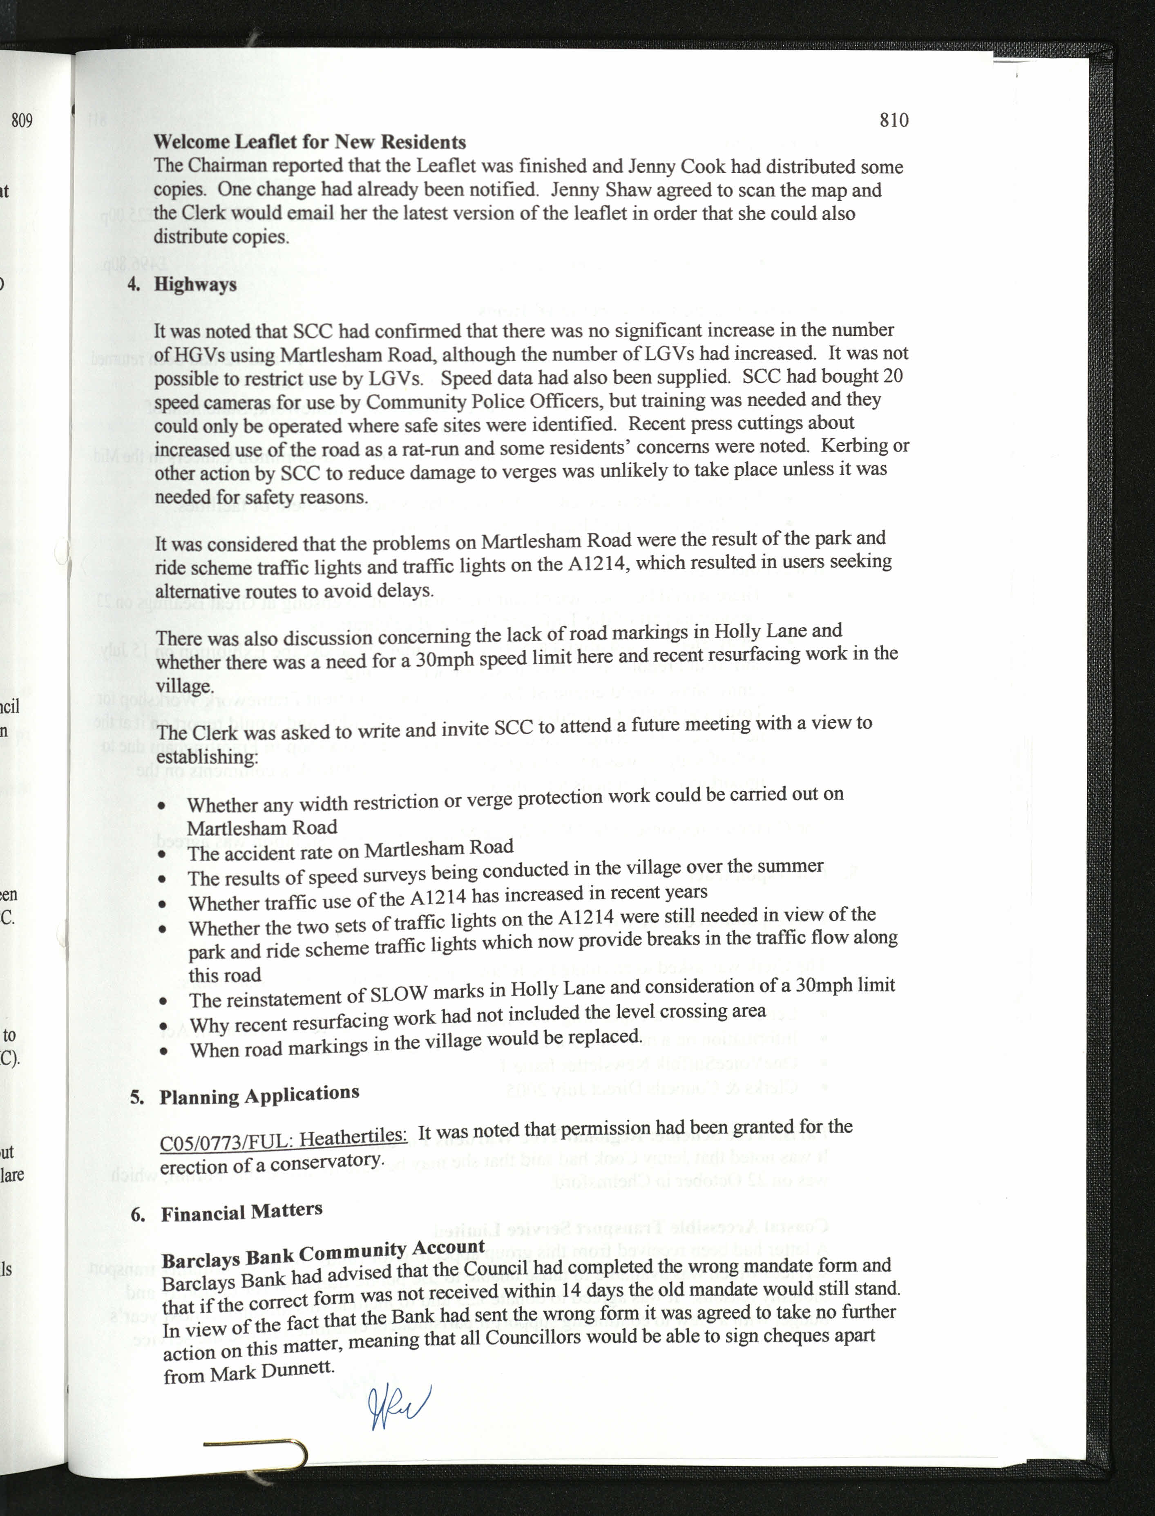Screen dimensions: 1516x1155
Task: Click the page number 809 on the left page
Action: coord(21,121)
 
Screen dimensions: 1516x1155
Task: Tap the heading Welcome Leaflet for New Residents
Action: coord(309,142)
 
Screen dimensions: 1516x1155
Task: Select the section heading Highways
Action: coord(195,285)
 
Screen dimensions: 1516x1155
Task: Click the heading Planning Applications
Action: coord(259,1095)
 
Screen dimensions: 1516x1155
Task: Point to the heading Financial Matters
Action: coord(241,1212)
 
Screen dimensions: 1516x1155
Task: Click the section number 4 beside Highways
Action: coord(133,285)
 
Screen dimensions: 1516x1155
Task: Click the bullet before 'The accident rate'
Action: coord(161,854)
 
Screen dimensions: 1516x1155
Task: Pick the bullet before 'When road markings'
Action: coord(163,1051)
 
